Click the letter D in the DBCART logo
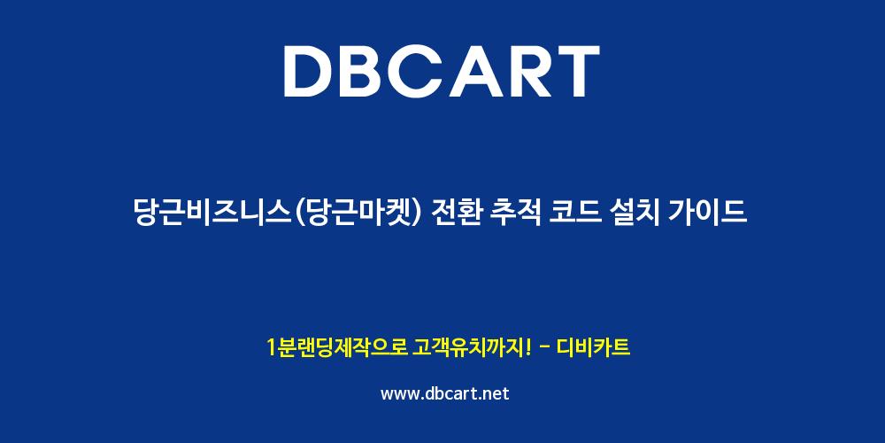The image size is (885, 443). (309, 71)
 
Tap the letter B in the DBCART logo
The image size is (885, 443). (367, 71)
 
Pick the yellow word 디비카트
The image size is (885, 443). (593, 347)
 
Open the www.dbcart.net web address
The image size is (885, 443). (445, 393)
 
